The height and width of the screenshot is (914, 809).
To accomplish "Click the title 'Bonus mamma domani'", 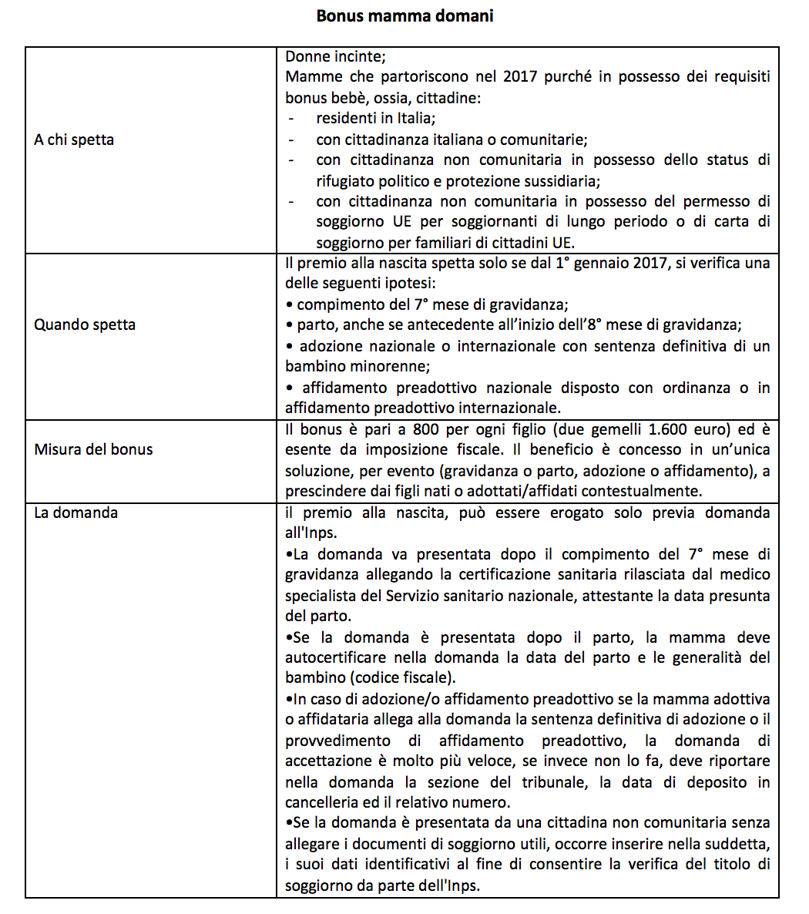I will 404,15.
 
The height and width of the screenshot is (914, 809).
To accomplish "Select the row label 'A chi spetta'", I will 74,140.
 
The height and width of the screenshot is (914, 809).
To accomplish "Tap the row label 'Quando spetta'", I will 85,324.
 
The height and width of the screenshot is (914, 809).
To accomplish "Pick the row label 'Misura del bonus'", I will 93,449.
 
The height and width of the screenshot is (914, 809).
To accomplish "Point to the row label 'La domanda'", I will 76,512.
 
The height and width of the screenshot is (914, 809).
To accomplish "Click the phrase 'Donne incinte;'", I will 335,57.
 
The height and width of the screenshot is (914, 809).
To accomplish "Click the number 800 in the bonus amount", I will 426,429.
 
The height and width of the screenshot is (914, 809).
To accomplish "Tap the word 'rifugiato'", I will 347,181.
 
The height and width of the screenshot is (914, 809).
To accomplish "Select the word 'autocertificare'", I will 335,658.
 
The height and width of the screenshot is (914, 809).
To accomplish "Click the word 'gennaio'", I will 608,263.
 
